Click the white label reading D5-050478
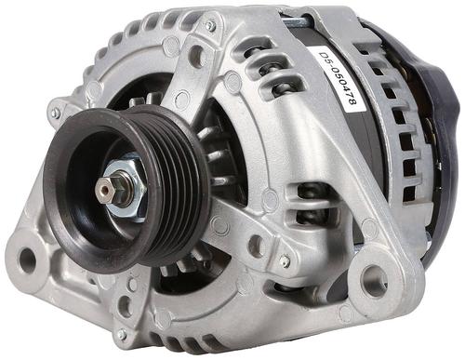pos(336,80)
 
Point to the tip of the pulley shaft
pos(103,189)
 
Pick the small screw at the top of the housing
pos(211,25)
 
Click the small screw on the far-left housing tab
pos(55,113)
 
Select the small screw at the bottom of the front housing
pos(122,334)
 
